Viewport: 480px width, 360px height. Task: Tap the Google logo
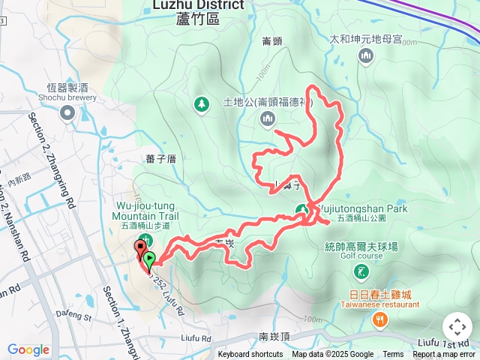point(28,349)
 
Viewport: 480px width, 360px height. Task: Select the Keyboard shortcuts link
point(250,355)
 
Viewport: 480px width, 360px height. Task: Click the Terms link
point(393,355)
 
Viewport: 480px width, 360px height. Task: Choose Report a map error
point(444,355)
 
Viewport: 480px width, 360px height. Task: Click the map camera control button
point(457,327)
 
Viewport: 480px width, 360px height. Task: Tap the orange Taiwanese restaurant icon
point(380,320)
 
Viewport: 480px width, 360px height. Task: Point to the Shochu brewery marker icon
point(67,113)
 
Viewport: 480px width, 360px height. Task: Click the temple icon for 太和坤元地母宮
point(366,55)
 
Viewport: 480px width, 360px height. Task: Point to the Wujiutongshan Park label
point(363,209)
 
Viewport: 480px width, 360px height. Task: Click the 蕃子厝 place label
point(161,158)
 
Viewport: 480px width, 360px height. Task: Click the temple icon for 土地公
point(268,118)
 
